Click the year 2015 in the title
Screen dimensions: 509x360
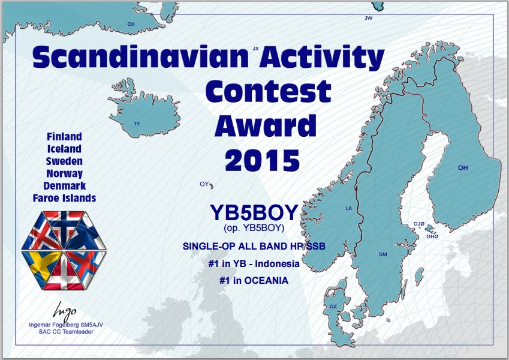point(262,161)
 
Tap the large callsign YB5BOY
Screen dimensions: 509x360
point(254,212)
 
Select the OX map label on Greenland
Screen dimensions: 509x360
point(131,24)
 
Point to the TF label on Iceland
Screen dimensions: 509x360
point(137,124)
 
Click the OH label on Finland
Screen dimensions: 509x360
point(463,167)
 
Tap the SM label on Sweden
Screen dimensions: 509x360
point(383,254)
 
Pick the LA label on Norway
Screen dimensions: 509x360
point(349,208)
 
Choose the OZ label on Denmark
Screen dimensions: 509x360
point(333,307)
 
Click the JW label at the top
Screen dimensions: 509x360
point(369,18)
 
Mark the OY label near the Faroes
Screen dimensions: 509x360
point(204,184)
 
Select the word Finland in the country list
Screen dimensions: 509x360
point(64,136)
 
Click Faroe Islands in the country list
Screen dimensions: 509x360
point(64,198)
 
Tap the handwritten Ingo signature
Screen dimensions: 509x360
point(64,311)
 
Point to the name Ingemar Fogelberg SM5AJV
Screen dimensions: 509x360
point(66,325)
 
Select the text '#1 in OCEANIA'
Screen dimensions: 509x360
point(254,280)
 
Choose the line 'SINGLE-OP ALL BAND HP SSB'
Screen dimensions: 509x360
point(254,246)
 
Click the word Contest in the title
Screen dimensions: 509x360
point(268,91)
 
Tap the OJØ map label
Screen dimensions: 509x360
point(418,224)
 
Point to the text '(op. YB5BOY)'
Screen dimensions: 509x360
point(254,228)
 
